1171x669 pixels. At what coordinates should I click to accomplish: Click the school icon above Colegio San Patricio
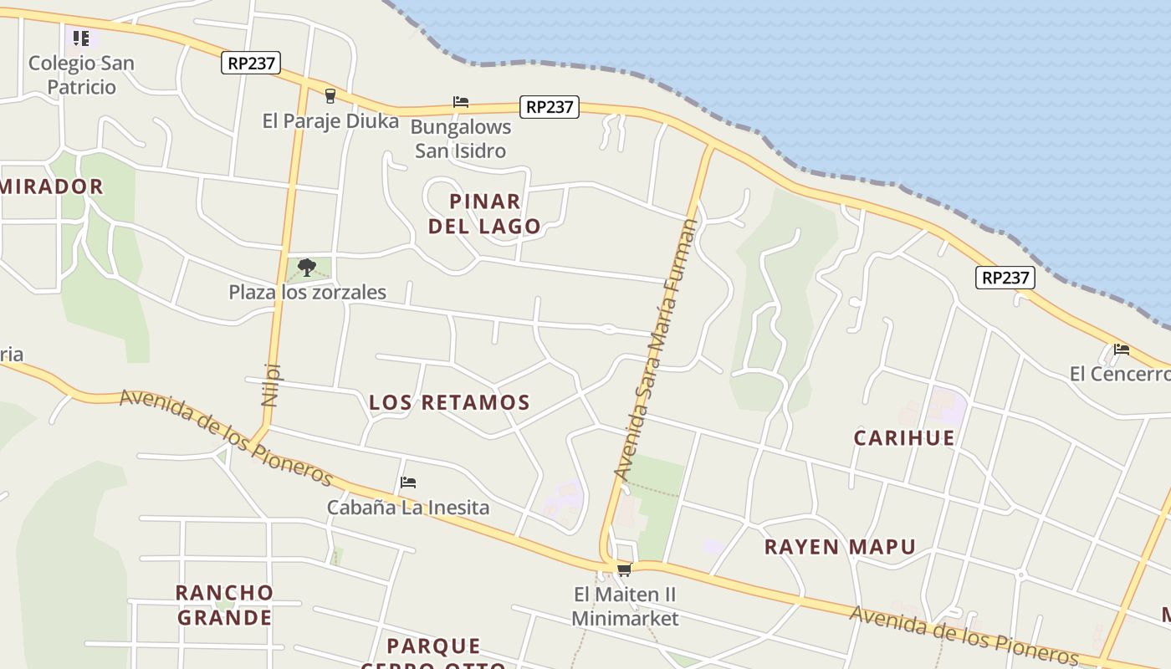(81, 38)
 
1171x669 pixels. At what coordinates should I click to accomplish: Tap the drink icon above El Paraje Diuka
(330, 96)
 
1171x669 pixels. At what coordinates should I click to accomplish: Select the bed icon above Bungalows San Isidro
(461, 102)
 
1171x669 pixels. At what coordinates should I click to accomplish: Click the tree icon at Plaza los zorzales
(307, 268)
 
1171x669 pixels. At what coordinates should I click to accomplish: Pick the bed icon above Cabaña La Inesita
(408, 483)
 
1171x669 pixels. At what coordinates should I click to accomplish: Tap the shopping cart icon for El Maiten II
(624, 570)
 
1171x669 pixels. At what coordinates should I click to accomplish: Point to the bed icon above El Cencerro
(1122, 350)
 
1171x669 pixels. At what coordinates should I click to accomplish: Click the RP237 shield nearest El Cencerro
(1005, 278)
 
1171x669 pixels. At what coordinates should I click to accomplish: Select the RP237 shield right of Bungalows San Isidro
(549, 107)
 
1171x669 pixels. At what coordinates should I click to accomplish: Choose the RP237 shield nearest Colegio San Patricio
(250, 63)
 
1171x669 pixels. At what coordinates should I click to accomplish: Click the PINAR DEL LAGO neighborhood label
(485, 214)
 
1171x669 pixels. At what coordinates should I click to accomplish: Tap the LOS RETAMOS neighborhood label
(449, 402)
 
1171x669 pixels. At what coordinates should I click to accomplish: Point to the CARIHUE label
(904, 438)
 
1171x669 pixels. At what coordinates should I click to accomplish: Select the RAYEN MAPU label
(840, 547)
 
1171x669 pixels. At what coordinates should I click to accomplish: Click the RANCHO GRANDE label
(224, 605)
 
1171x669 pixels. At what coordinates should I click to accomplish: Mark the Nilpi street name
(270, 384)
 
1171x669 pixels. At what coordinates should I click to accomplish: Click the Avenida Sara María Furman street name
(655, 350)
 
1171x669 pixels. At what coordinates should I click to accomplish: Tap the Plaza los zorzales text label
(308, 292)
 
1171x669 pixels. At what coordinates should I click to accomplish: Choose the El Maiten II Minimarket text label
(625, 606)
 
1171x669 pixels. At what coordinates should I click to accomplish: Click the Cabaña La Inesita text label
(408, 507)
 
